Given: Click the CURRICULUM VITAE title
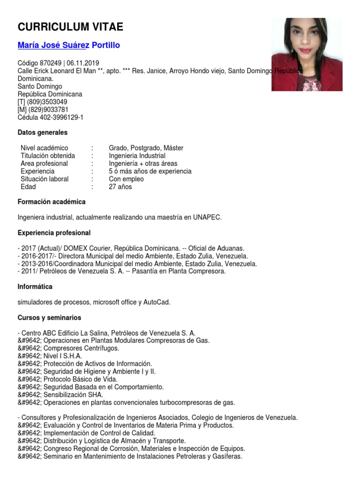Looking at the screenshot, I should (x=70, y=27).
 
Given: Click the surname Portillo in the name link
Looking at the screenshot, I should (x=106, y=45).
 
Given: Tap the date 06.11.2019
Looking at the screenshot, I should (x=83, y=63).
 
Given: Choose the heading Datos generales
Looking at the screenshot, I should (x=42, y=133).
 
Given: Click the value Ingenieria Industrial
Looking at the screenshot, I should (x=137, y=156).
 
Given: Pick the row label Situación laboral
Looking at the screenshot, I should (x=45, y=179).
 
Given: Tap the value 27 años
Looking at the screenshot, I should (x=120, y=187).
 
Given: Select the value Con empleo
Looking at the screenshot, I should (x=126, y=179).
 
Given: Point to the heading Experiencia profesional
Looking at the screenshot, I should (x=54, y=233).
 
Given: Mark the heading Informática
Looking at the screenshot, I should (x=35, y=286).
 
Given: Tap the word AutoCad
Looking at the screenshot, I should (x=157, y=302).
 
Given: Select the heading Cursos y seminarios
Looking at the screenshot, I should (x=49, y=318).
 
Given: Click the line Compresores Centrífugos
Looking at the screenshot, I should (x=81, y=348).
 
